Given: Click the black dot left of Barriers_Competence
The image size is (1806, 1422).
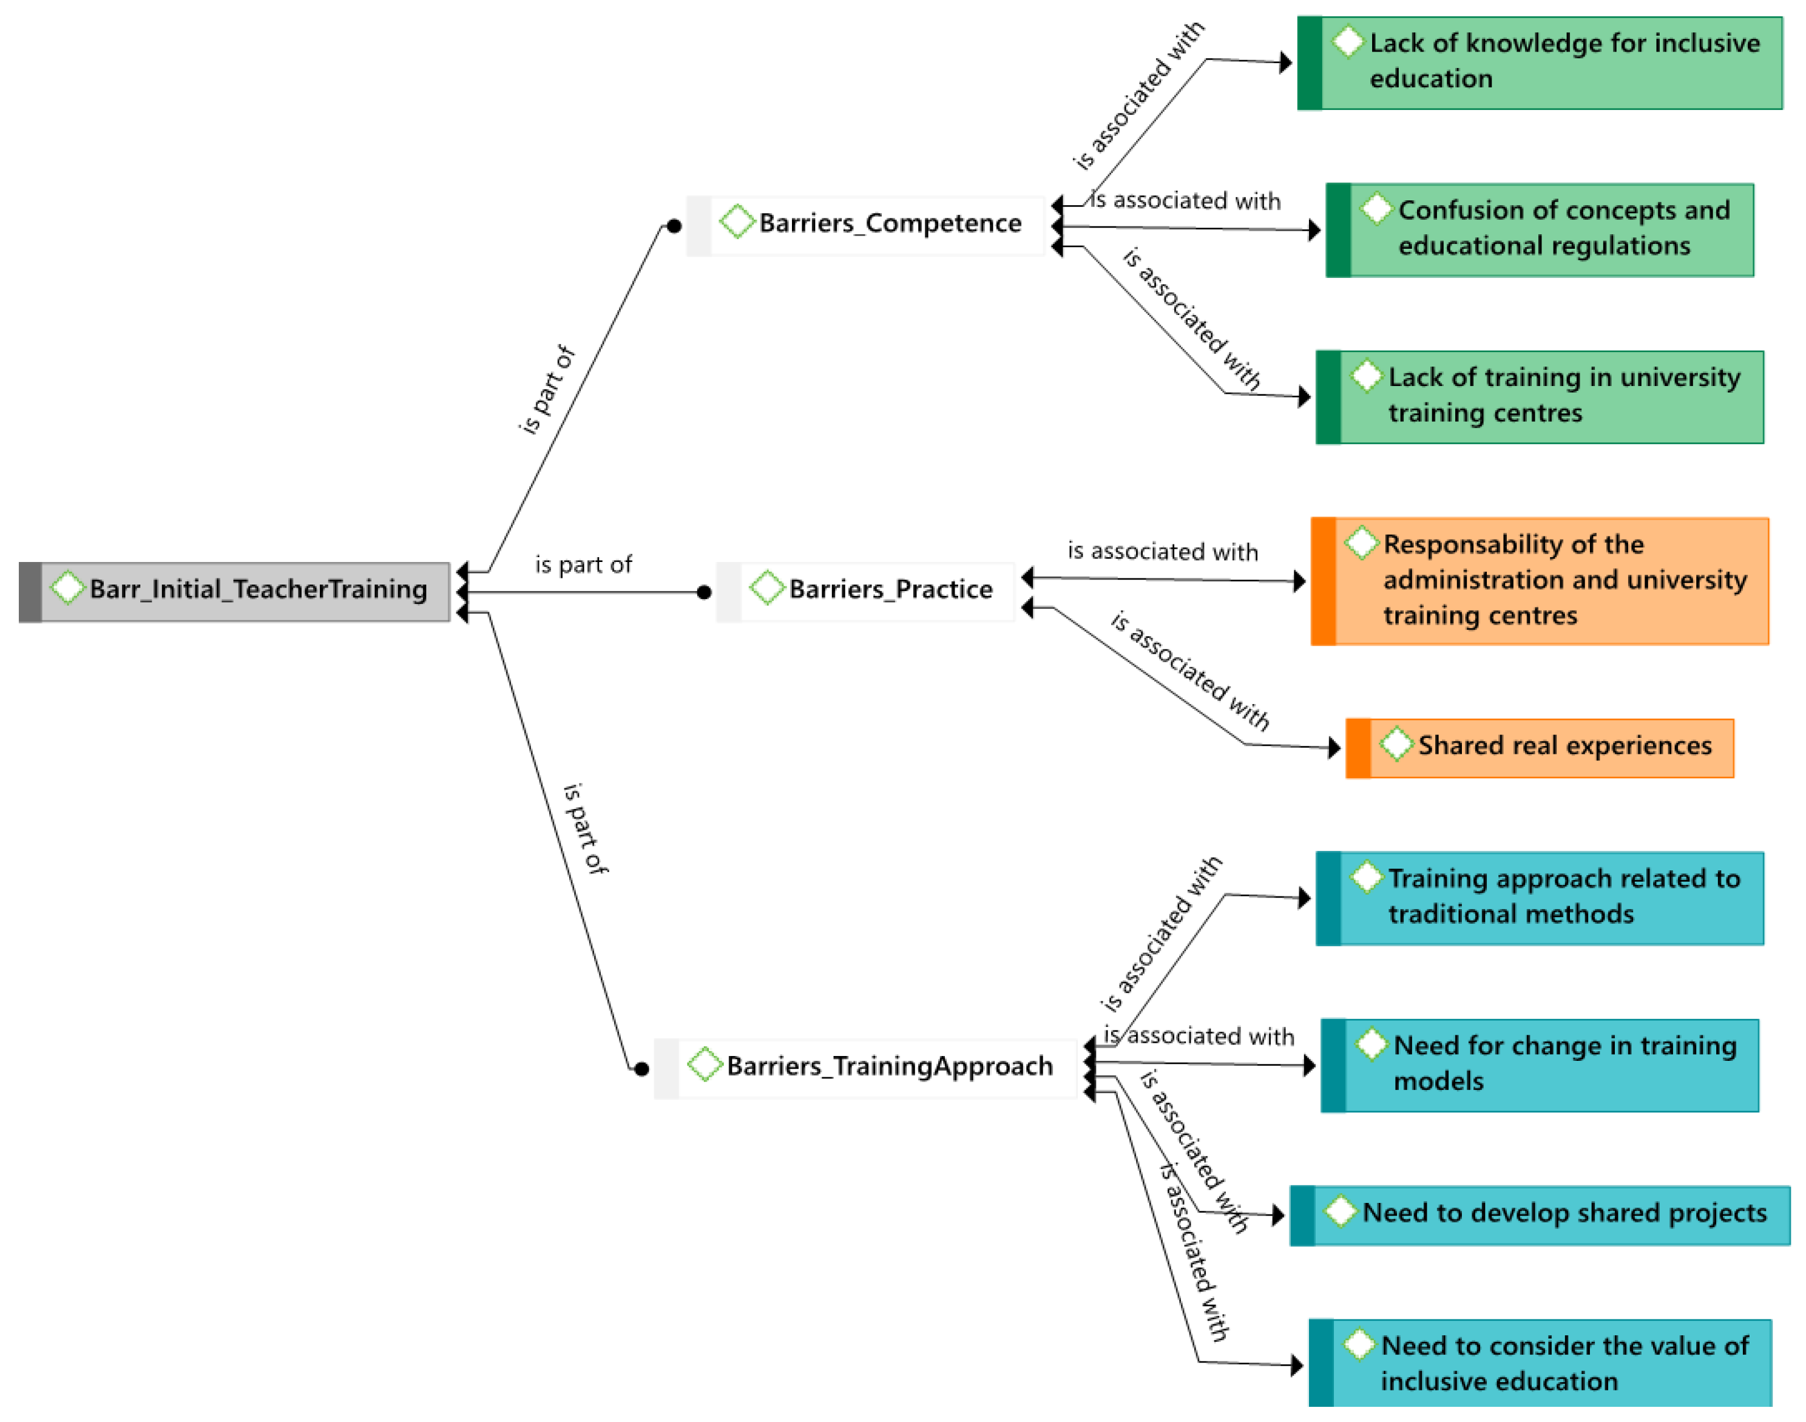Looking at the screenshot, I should pos(674,226).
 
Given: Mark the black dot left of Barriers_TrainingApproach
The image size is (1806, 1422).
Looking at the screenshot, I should pos(641,1069).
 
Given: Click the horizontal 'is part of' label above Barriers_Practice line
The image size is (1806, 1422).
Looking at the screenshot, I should pos(583,565).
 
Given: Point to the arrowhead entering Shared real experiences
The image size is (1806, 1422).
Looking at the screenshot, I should pos(1334,748).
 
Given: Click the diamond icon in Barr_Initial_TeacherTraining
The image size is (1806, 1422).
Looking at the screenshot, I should pos(67,587).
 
